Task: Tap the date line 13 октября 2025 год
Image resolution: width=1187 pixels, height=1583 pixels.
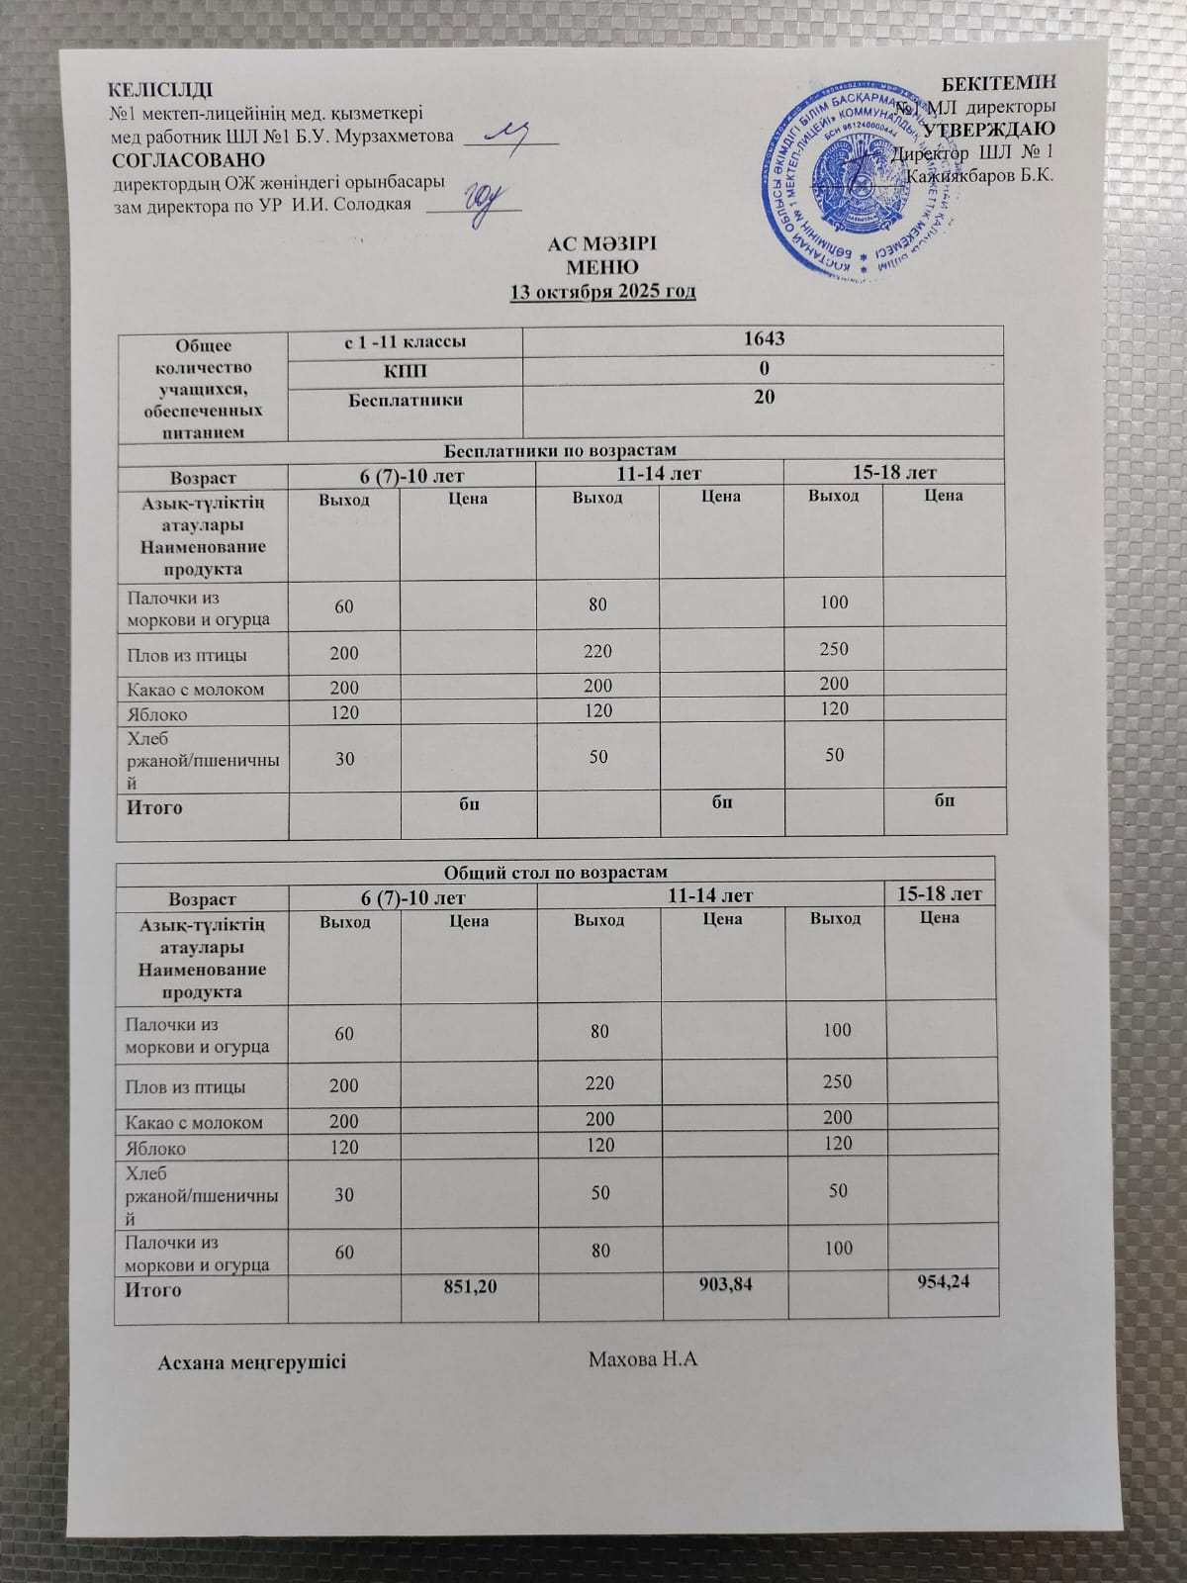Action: pyautogui.click(x=602, y=291)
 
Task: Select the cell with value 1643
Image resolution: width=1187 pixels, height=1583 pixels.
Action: pyautogui.click(x=763, y=339)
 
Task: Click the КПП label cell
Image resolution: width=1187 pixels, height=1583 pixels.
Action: pyautogui.click(x=405, y=370)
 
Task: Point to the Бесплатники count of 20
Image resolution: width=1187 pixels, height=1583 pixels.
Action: pyautogui.click(x=763, y=397)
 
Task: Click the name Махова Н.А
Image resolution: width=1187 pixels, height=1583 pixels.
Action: pyautogui.click(x=643, y=1358)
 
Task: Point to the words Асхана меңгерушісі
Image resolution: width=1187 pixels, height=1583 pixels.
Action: pyautogui.click(x=252, y=1361)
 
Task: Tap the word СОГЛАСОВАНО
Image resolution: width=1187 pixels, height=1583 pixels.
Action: pyautogui.click(x=188, y=159)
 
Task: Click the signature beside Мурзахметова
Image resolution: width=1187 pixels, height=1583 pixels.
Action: pyautogui.click(x=514, y=136)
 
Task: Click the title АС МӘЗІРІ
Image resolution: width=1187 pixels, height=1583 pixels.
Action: pyautogui.click(x=602, y=244)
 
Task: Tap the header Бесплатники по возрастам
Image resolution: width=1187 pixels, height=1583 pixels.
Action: pyautogui.click(x=560, y=450)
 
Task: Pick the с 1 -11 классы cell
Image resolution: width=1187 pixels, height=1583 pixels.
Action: pyautogui.click(x=405, y=341)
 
